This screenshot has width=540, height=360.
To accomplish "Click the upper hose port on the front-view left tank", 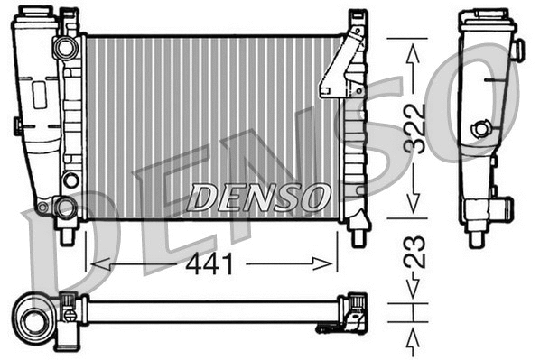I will coord(65,47).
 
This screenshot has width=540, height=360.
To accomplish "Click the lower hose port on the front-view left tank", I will coord(65,208).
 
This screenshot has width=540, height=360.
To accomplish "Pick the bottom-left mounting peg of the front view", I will coord(67,236).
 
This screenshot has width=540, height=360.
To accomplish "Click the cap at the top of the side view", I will coord(486,17).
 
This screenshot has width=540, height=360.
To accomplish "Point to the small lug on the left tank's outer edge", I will coord(16,125).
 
